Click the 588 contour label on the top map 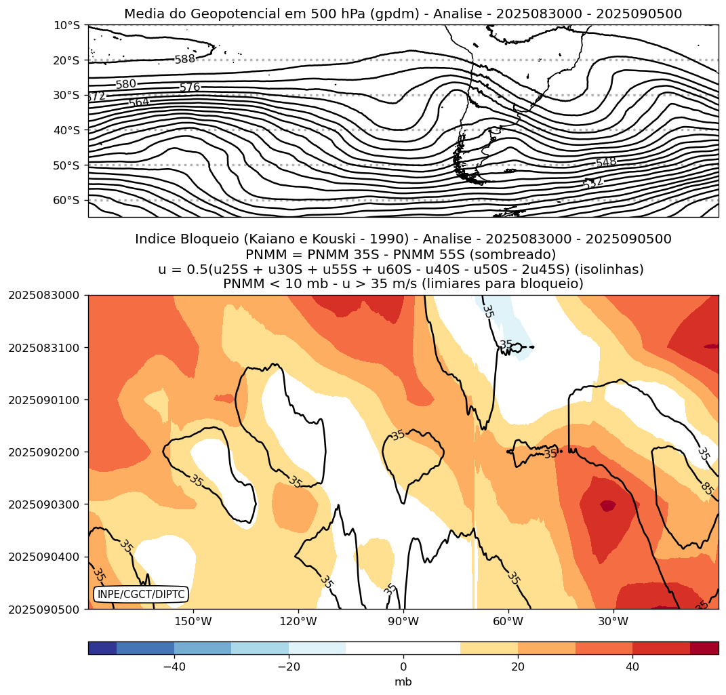pyautogui.click(x=185, y=59)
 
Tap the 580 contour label pyautogui.click(x=125, y=85)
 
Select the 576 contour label pyautogui.click(x=190, y=87)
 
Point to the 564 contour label pyautogui.click(x=139, y=102)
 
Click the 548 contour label pyautogui.click(x=606, y=162)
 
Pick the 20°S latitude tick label pyautogui.click(x=66, y=60)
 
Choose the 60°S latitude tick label pyautogui.click(x=66, y=201)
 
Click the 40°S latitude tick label pyautogui.click(x=66, y=130)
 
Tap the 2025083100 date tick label pyautogui.click(x=44, y=347)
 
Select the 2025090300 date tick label pyautogui.click(x=44, y=504)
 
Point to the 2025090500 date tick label pyautogui.click(x=44, y=609)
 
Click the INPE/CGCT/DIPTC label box pyautogui.click(x=140, y=595)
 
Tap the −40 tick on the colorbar pyautogui.click(x=174, y=667)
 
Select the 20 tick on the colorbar pyautogui.click(x=518, y=667)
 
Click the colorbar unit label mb pyautogui.click(x=403, y=681)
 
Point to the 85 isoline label pyautogui.click(x=707, y=488)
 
